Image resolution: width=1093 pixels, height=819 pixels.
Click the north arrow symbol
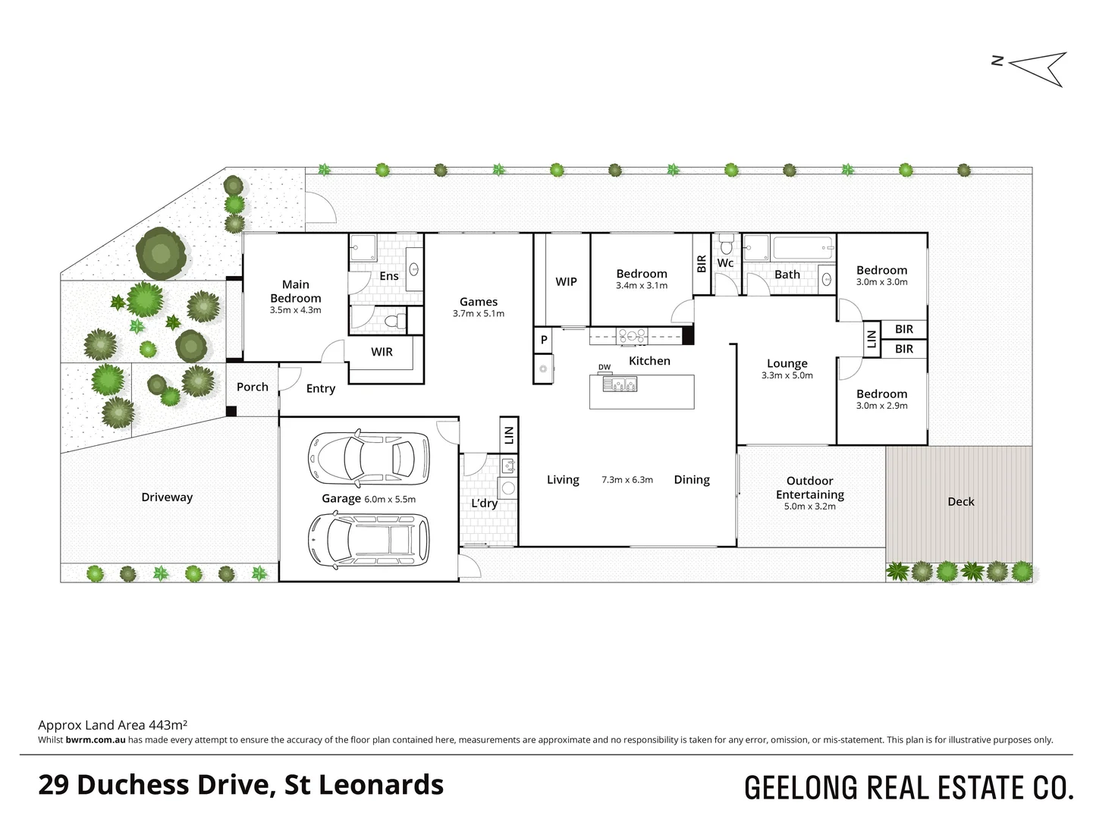[x=1038, y=67]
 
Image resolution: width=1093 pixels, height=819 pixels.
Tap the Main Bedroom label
[x=296, y=291]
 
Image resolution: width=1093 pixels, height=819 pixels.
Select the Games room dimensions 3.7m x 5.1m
[x=479, y=314]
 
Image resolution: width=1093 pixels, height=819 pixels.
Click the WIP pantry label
[x=566, y=281]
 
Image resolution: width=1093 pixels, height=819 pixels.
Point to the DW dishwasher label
[x=605, y=368]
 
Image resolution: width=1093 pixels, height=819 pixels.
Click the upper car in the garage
[x=368, y=458]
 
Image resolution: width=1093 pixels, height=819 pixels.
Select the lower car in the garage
[x=368, y=538]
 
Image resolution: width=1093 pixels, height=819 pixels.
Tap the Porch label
[x=253, y=387]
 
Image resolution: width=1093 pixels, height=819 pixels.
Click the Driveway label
[x=167, y=497]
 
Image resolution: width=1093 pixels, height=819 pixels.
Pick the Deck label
[x=961, y=501]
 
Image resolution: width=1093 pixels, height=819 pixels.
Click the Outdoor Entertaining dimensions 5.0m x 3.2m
[x=809, y=507]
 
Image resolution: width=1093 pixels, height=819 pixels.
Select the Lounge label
[x=787, y=363]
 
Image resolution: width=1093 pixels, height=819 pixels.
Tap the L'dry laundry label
[x=484, y=504]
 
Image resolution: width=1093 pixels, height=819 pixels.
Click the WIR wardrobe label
[x=382, y=352]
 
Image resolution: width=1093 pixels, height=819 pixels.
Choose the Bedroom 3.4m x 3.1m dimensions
[x=642, y=286]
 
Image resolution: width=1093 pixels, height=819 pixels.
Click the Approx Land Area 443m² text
[x=113, y=725]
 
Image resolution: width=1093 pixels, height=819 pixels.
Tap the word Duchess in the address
[x=133, y=785]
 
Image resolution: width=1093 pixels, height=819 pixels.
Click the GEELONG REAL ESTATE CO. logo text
[x=909, y=787]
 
